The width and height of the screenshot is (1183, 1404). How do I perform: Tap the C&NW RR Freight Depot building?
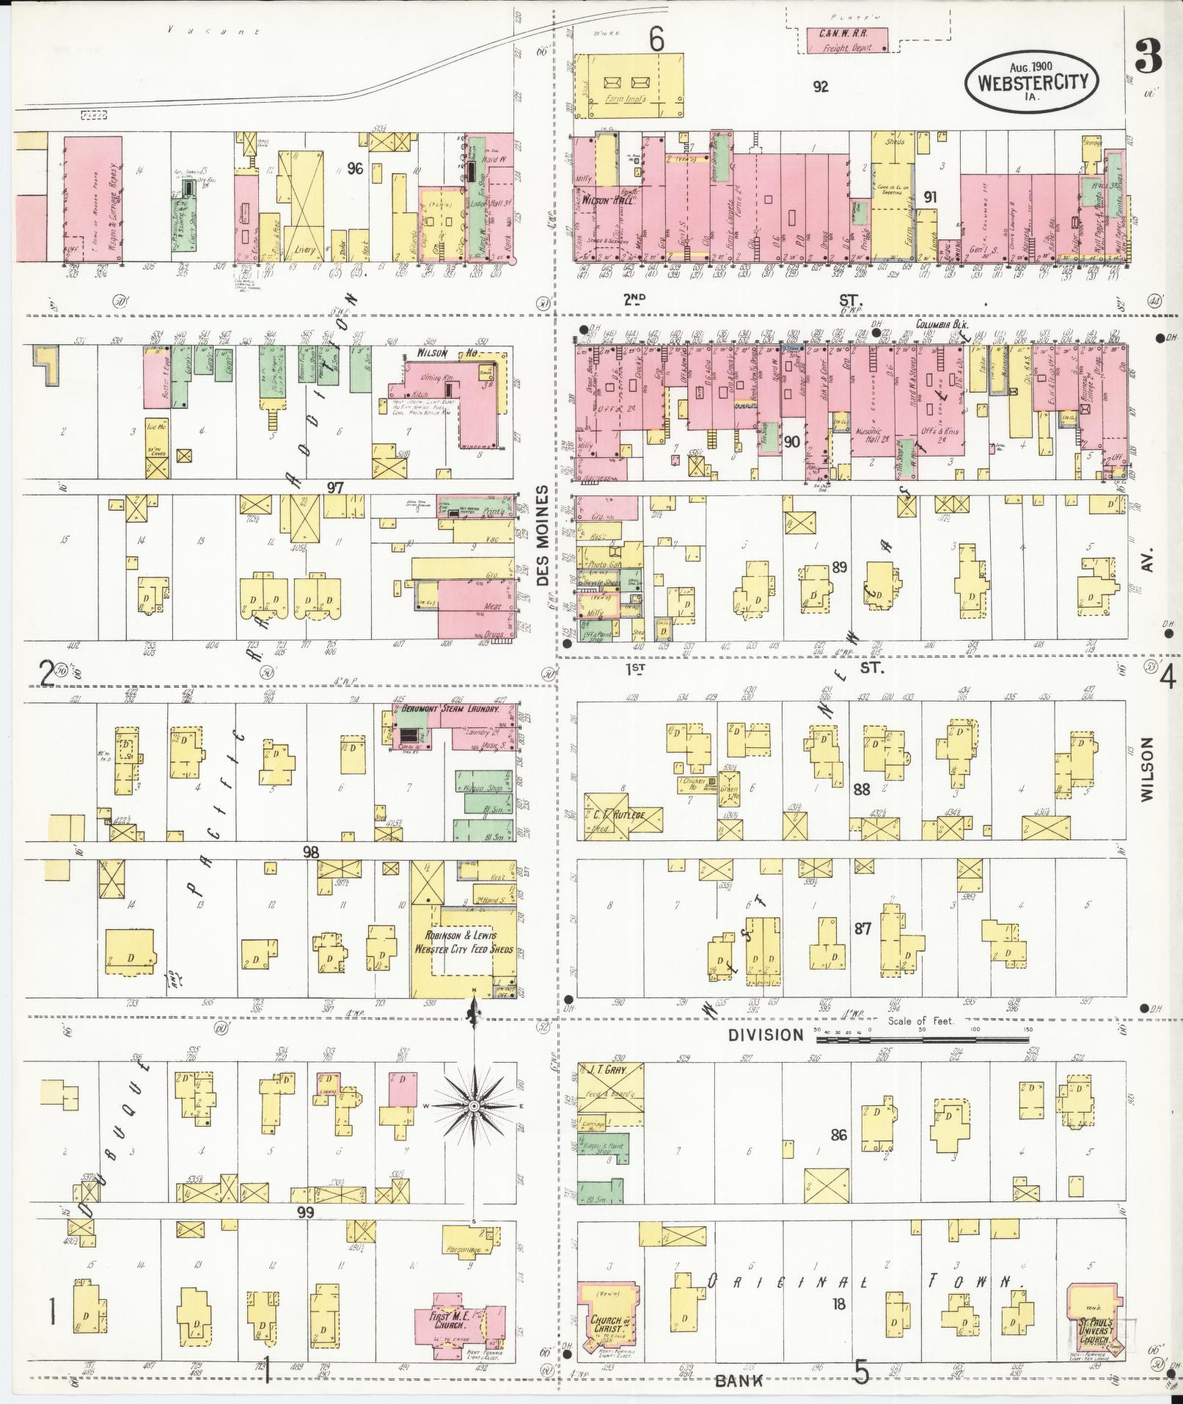tap(846, 40)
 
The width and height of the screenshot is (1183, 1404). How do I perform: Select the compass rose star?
tap(474, 1106)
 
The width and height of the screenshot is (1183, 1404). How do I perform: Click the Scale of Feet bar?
tap(922, 1039)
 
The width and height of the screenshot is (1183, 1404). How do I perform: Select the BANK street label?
tap(739, 1381)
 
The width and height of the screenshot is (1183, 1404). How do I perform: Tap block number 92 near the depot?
tap(821, 87)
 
